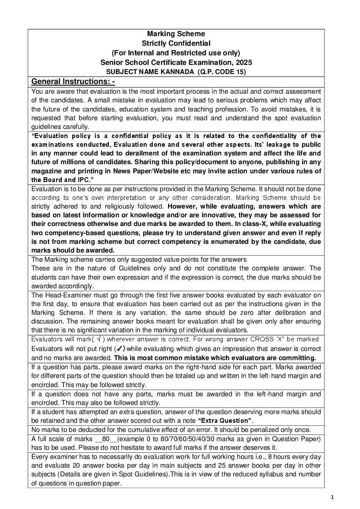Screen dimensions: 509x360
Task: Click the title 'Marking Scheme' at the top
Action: click(x=176, y=34)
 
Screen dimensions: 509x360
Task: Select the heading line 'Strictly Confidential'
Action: click(x=176, y=43)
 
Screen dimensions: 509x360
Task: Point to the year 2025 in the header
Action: click(x=243, y=62)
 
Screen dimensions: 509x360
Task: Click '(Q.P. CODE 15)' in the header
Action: click(x=222, y=72)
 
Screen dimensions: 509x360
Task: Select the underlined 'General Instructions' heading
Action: click(x=73, y=82)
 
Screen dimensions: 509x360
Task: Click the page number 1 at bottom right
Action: click(x=332, y=497)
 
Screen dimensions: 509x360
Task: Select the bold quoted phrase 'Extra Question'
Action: click(x=225, y=420)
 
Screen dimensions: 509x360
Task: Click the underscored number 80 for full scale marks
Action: click(x=105, y=438)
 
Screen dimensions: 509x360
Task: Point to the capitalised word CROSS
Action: click(x=262, y=339)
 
